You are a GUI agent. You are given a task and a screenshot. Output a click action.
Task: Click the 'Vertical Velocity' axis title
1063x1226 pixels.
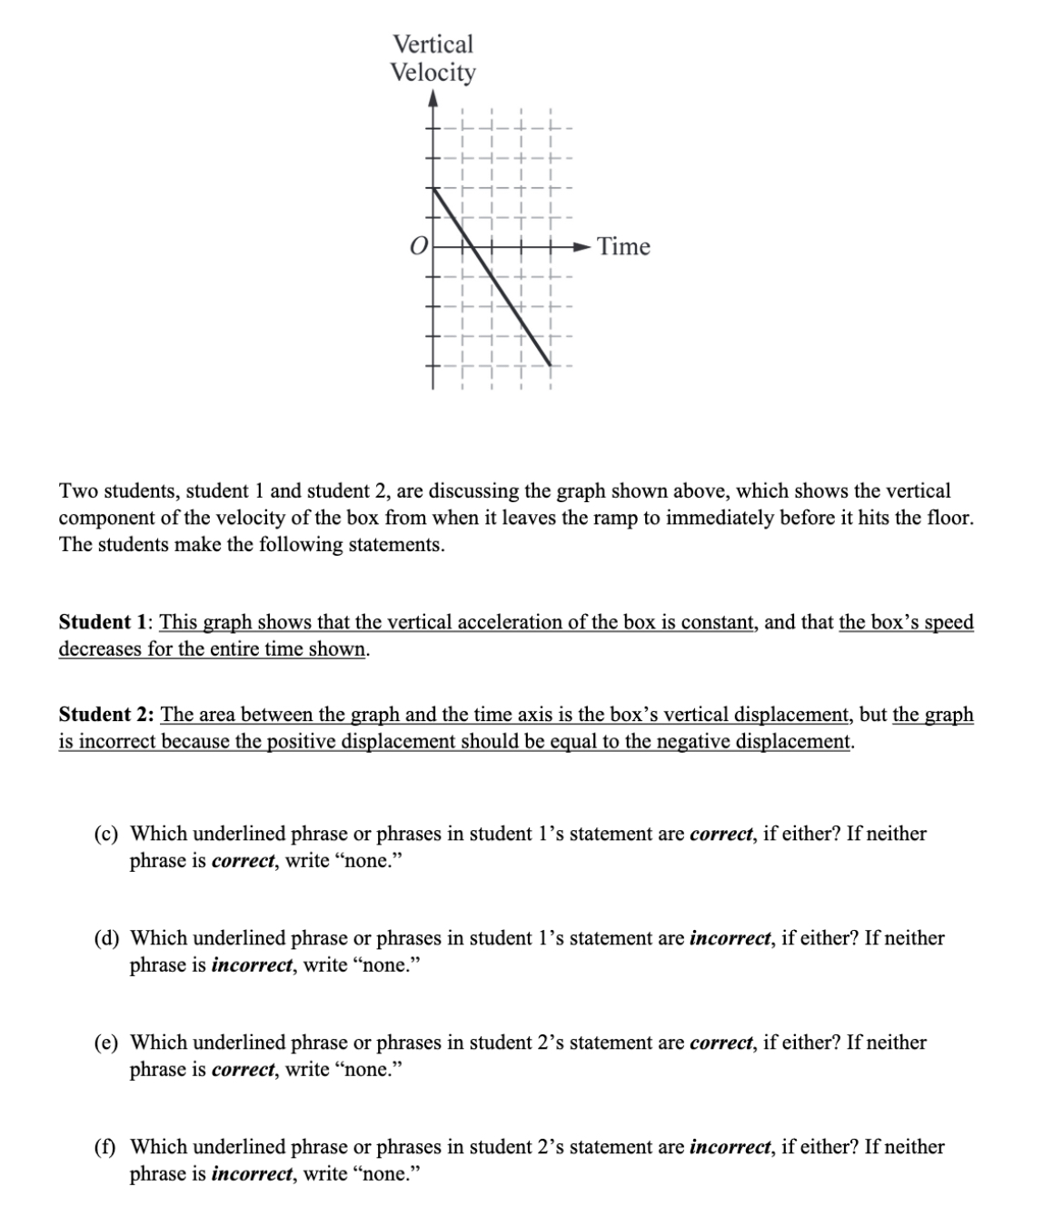pyautogui.click(x=432, y=58)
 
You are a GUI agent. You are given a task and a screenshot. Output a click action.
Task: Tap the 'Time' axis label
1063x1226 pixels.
pyautogui.click(x=623, y=247)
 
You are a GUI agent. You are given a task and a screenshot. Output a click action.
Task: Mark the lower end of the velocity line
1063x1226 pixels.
pyautogui.click(x=551, y=365)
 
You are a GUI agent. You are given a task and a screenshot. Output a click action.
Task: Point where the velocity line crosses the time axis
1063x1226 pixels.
pyautogui.click(x=473, y=246)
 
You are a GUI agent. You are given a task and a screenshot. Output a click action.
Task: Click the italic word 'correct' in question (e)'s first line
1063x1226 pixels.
pyautogui.click(x=722, y=1043)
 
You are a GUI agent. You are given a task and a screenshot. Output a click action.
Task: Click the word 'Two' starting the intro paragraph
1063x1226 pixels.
pyautogui.click(x=78, y=491)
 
